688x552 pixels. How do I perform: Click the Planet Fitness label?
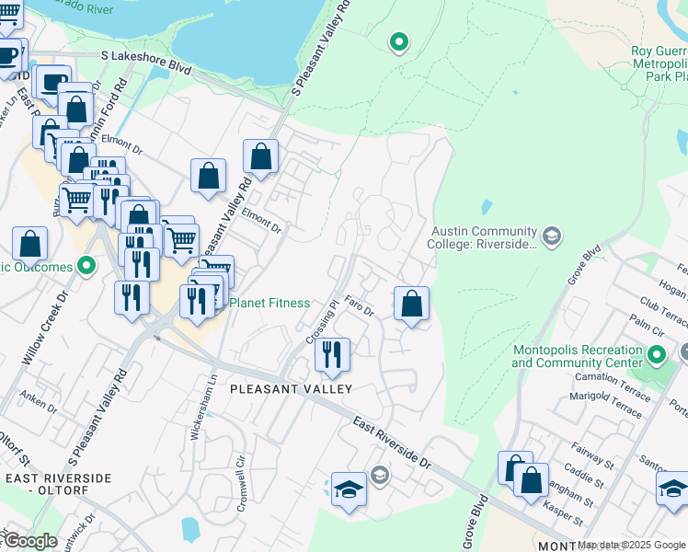[269, 303]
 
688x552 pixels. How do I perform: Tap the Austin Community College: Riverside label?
[483, 237]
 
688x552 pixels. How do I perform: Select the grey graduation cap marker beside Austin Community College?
[551, 236]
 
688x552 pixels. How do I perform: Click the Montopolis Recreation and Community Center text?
[576, 356]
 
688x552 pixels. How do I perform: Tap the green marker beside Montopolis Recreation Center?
[656, 355]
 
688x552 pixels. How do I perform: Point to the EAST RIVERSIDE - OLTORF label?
[58, 484]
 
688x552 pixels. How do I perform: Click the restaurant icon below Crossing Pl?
[331, 354]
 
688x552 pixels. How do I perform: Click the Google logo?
[30, 541]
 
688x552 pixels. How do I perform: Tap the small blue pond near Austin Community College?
[486, 207]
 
